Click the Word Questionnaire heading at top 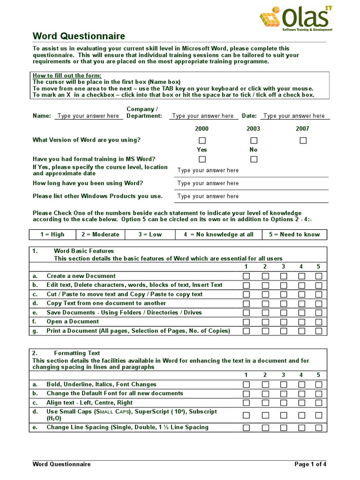click(79, 37)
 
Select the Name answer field click(88, 116)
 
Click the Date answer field click(294, 116)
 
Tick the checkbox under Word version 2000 click(202, 141)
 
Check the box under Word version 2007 click(303, 141)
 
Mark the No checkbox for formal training click(254, 159)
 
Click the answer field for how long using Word click(208, 183)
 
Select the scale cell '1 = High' click(52, 234)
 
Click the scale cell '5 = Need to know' click(294, 234)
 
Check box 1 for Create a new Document click(246, 277)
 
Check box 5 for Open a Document click(319, 322)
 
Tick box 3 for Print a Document click(284, 331)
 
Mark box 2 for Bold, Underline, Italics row click(265, 385)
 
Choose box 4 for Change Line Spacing click(301, 428)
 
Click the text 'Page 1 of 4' click(310, 465)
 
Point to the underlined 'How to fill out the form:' click(67, 76)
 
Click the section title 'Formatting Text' click(77, 353)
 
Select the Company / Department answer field click(202, 116)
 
